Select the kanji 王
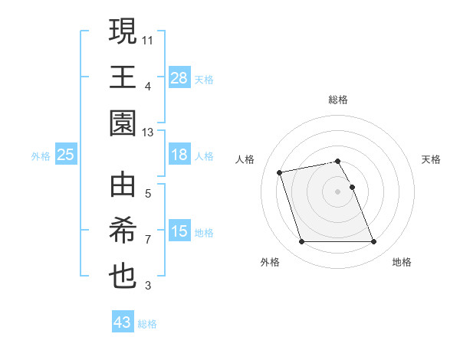123,77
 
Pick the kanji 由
123,187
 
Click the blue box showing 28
179,77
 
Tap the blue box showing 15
179,232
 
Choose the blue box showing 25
66,155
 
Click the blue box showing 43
123,322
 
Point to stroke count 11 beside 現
148,38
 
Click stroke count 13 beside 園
148,132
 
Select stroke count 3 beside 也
148,286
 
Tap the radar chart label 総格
338,100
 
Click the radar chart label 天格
432,159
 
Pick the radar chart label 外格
270,262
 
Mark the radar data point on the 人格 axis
280,172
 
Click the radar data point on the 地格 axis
373,242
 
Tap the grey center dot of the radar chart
338,191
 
